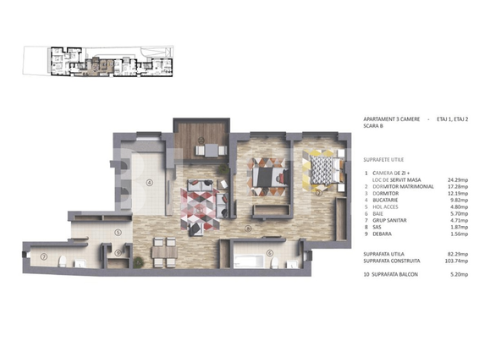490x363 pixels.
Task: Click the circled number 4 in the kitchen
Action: coord(148,182)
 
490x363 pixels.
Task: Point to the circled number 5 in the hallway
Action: coord(118,233)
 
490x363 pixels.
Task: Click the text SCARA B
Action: coord(373,126)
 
